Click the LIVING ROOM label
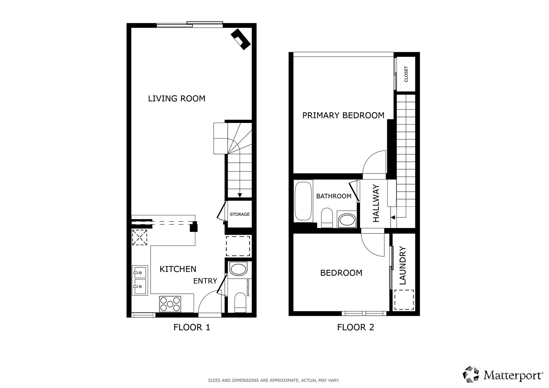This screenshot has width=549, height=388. pyautogui.click(x=176, y=99)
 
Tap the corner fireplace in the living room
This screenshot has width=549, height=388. pyautogui.click(x=240, y=39)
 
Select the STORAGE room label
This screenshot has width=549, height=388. pyautogui.click(x=240, y=214)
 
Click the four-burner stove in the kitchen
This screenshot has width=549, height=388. pyautogui.click(x=170, y=304)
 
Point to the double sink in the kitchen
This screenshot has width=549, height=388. pyautogui.click(x=140, y=280)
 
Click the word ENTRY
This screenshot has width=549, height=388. pyautogui.click(x=205, y=281)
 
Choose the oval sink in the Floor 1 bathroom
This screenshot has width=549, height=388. pyautogui.click(x=238, y=269)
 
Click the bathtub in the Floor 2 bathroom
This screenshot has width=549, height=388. pyautogui.click(x=303, y=201)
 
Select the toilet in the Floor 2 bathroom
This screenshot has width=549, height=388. pyautogui.click(x=327, y=218)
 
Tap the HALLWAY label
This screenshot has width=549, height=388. pyautogui.click(x=376, y=203)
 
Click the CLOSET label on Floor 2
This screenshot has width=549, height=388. pyautogui.click(x=406, y=74)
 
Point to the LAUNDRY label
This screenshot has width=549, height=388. pyautogui.click(x=403, y=265)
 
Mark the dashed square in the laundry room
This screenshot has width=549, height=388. pyautogui.click(x=404, y=300)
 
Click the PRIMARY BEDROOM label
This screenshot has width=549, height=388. pyautogui.click(x=343, y=115)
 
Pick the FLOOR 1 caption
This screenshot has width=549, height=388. pyautogui.click(x=192, y=327)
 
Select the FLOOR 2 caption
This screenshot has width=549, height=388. pyautogui.click(x=356, y=327)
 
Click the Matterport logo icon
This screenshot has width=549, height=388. pyautogui.click(x=471, y=374)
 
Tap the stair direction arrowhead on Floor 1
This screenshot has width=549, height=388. pyautogui.click(x=240, y=195)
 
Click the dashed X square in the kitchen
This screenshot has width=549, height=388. pyautogui.click(x=140, y=237)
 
